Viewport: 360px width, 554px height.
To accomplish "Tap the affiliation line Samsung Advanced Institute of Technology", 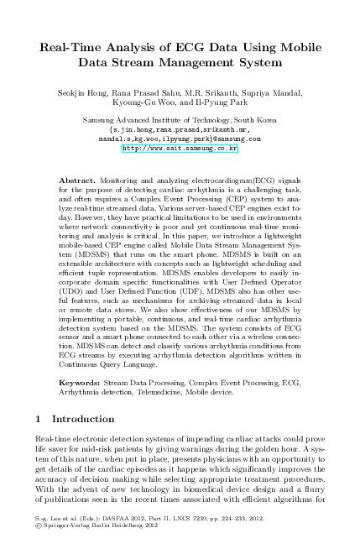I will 180,121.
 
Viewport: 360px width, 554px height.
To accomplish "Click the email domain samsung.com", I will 239,138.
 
